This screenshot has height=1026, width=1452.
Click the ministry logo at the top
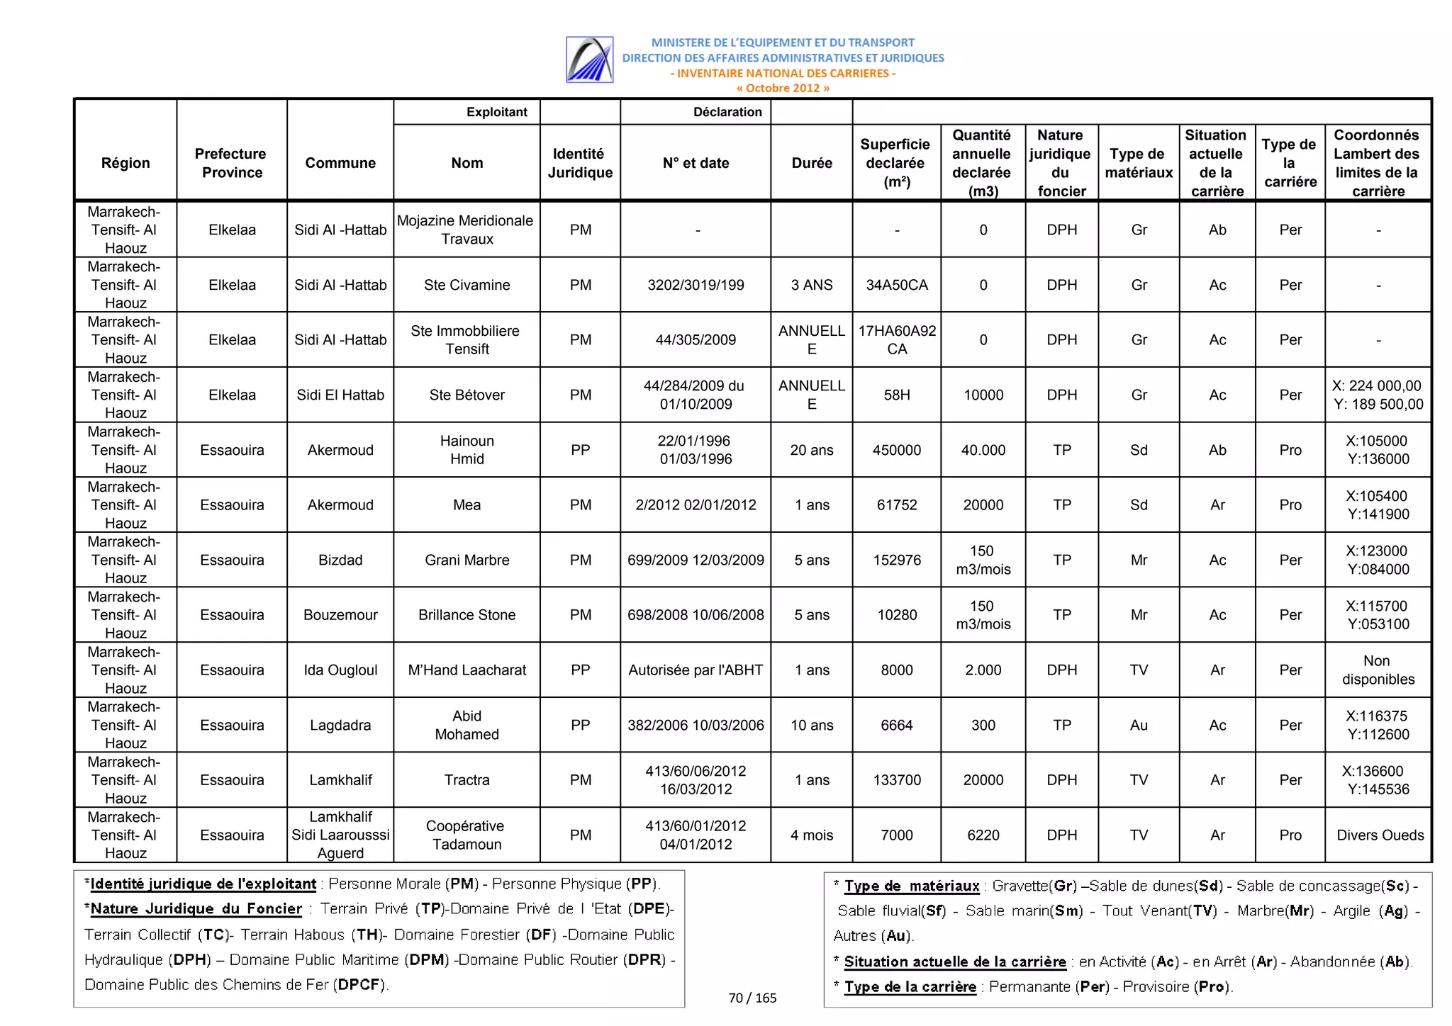click(x=589, y=60)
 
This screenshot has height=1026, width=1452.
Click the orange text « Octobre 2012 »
click(x=782, y=89)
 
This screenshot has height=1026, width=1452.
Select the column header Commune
click(x=340, y=163)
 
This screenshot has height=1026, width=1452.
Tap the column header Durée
click(x=811, y=163)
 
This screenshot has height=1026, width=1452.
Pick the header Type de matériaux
click(x=1138, y=163)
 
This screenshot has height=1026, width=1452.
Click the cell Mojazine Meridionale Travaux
click(x=467, y=230)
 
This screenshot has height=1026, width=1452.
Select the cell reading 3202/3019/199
click(x=696, y=285)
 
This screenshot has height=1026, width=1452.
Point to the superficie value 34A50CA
click(x=896, y=285)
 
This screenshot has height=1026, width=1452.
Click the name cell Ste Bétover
click(x=467, y=395)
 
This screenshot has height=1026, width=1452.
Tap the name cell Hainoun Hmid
click(x=467, y=450)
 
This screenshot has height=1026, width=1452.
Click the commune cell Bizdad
click(x=340, y=560)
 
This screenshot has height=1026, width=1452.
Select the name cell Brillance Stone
click(x=467, y=615)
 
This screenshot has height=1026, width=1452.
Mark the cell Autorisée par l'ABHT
click(x=696, y=670)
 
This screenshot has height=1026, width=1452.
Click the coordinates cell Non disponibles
click(x=1378, y=670)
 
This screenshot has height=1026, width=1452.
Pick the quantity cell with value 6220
click(x=983, y=835)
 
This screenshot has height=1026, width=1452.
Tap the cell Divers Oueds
click(x=1379, y=835)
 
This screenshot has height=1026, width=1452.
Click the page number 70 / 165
click(x=752, y=998)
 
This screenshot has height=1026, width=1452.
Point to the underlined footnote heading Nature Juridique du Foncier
click(x=196, y=909)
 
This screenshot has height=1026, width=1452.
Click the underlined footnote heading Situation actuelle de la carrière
click(x=954, y=962)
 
